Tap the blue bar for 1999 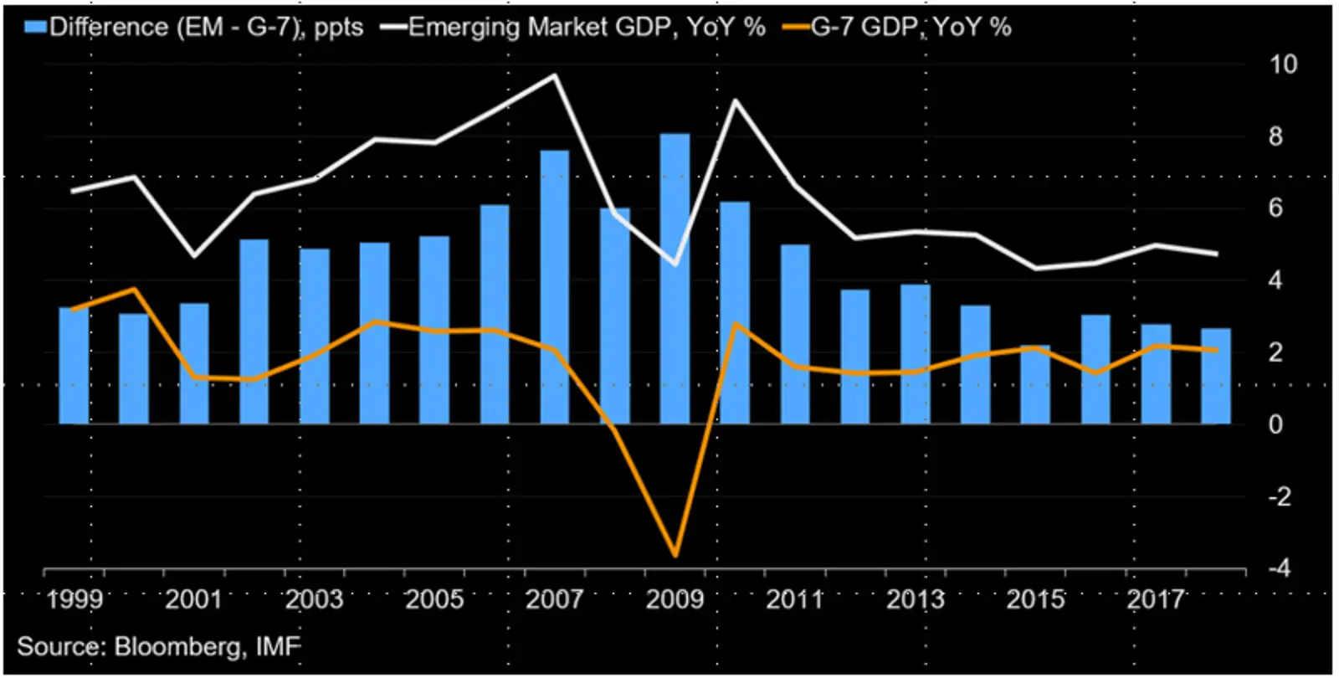tap(74, 366)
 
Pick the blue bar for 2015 tap(1035, 385)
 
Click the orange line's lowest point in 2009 tap(675, 554)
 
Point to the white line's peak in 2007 tap(555, 76)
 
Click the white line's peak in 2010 tap(735, 100)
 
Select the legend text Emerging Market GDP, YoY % tap(587, 27)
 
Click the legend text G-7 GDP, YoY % tap(911, 27)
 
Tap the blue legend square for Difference tap(35, 27)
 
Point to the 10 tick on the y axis tap(1282, 64)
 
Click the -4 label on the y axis tap(1280, 568)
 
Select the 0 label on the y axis tap(1275, 424)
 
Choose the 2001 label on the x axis tap(193, 599)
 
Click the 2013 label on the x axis tap(915, 599)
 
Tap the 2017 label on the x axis tap(1155, 599)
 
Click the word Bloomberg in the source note tap(179, 647)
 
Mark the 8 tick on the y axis tap(1275, 136)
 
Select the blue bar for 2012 tap(854, 357)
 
